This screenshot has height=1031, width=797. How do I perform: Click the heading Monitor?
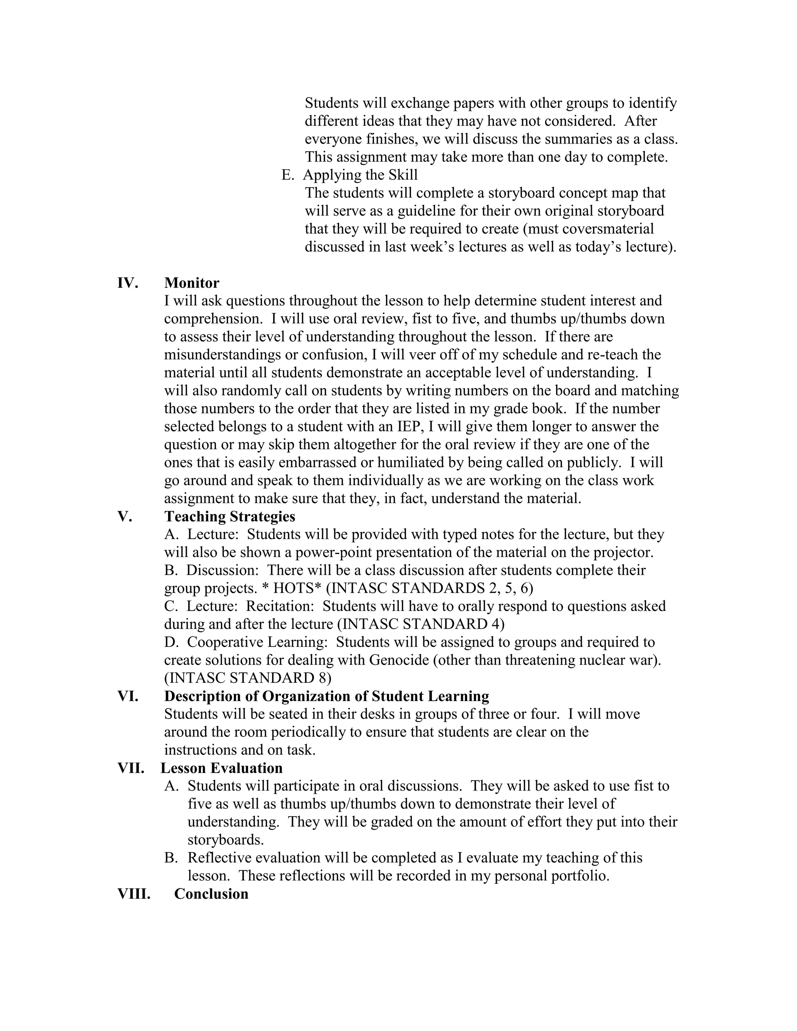click(x=192, y=283)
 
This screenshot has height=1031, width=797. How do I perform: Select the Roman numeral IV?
click(x=128, y=283)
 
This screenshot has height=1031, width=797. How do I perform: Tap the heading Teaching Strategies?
click(x=230, y=516)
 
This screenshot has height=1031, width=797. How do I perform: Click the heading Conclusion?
click(x=211, y=894)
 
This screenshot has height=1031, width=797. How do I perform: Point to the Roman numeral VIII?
click(x=133, y=894)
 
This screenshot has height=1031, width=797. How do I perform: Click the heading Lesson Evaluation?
click(x=221, y=768)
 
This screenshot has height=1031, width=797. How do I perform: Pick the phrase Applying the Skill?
click(x=360, y=175)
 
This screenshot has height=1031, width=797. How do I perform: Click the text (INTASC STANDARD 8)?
click(x=248, y=678)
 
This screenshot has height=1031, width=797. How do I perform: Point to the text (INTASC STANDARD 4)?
click(x=421, y=624)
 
